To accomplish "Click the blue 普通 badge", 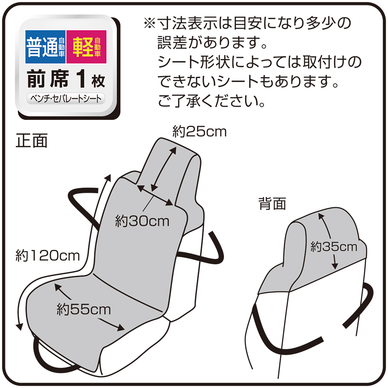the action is (x=45, y=47).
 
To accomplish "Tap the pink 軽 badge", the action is (x=87, y=47).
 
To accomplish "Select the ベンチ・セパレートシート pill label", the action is (x=66, y=99).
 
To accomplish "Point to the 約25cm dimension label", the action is (x=199, y=132).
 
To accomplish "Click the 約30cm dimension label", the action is (x=142, y=221).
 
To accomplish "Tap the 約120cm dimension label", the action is (x=47, y=256).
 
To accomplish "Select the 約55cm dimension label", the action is (x=84, y=310).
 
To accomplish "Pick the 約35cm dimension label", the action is (x=334, y=247).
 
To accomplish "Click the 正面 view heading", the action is (x=32, y=141).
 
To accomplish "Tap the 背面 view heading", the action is (x=272, y=204).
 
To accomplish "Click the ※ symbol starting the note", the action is (x=150, y=23).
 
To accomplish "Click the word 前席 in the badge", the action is (x=48, y=79).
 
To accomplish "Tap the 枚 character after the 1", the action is (x=98, y=81).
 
